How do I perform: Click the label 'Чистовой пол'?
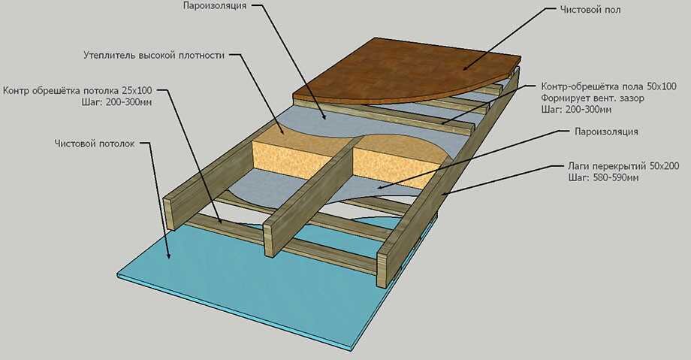590,9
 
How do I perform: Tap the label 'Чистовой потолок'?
95,144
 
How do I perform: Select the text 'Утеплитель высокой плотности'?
154,56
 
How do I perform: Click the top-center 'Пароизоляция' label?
215,6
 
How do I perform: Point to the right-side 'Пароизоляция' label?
606,132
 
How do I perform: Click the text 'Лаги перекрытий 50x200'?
623,166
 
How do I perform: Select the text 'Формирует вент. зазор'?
593,98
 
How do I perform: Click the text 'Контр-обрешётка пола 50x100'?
608,86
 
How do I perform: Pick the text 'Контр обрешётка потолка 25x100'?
77,91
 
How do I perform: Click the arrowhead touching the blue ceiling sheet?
168,255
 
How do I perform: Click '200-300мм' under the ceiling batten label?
131,102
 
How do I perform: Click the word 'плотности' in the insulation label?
202,56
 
